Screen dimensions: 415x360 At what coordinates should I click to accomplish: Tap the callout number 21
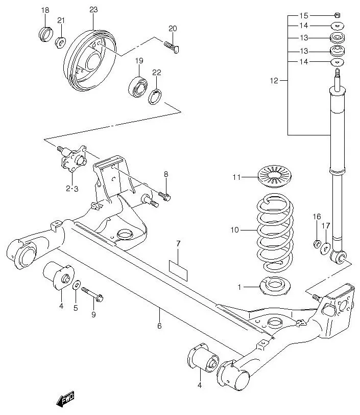[x=61, y=20]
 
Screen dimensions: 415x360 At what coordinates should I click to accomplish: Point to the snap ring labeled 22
[x=156, y=96]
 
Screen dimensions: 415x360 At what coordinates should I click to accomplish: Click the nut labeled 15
[x=337, y=15]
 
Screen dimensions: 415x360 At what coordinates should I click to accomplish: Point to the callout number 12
[x=274, y=81]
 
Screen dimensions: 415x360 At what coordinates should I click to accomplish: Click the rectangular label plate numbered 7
[x=178, y=266]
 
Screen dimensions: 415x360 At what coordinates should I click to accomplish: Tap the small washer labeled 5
[x=76, y=285]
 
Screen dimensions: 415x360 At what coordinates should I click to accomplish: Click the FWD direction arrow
[x=65, y=399]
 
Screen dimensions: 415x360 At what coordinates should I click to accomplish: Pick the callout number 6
[x=159, y=326]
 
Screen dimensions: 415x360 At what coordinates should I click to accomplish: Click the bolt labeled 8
[x=165, y=196]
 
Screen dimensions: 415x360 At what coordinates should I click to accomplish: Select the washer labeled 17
[x=325, y=249]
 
